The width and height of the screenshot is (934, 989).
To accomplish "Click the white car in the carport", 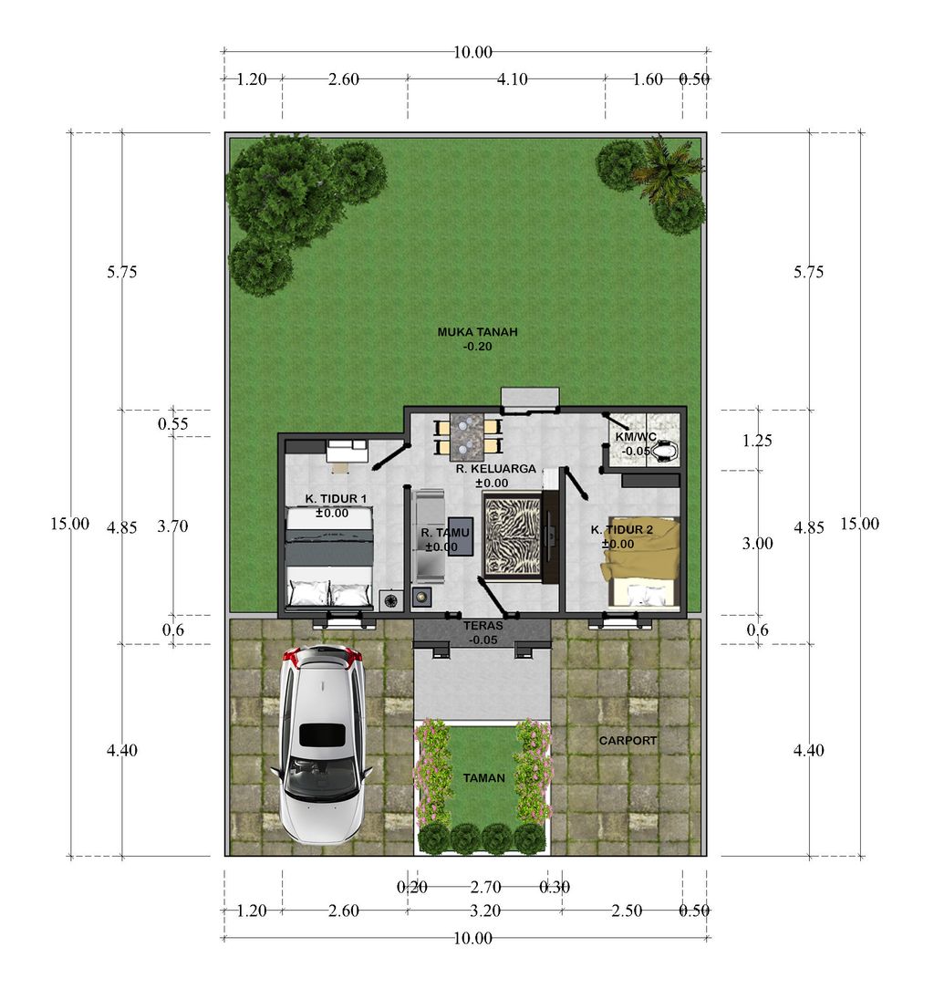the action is click(322, 744).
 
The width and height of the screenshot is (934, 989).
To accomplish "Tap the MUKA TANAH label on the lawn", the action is click(477, 332).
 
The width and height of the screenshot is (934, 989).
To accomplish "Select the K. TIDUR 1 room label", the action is click(336, 498).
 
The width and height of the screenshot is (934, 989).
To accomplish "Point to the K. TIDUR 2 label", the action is click(621, 530).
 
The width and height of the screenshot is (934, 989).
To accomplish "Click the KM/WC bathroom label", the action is click(636, 436).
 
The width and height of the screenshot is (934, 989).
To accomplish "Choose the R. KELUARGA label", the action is click(495, 469).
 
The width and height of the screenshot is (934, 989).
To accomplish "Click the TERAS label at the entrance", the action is click(483, 626).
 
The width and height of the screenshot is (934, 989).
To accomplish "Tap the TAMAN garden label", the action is click(483, 777).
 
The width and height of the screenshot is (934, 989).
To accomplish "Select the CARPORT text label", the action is click(628, 741).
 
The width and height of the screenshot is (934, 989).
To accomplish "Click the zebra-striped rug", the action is click(512, 536).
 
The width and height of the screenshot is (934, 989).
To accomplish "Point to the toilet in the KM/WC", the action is click(665, 451).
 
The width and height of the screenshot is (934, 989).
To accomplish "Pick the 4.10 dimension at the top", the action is click(512, 79).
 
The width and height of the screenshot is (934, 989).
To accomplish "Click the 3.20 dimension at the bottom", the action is click(485, 911).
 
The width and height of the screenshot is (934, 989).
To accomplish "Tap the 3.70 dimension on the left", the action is click(172, 526).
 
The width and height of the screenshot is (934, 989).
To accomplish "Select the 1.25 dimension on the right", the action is click(757, 441).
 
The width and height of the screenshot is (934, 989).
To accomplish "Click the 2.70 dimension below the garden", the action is click(485, 888).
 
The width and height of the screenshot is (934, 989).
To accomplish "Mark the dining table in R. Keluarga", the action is click(467, 436).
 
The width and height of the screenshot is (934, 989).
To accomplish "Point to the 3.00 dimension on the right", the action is click(757, 543).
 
